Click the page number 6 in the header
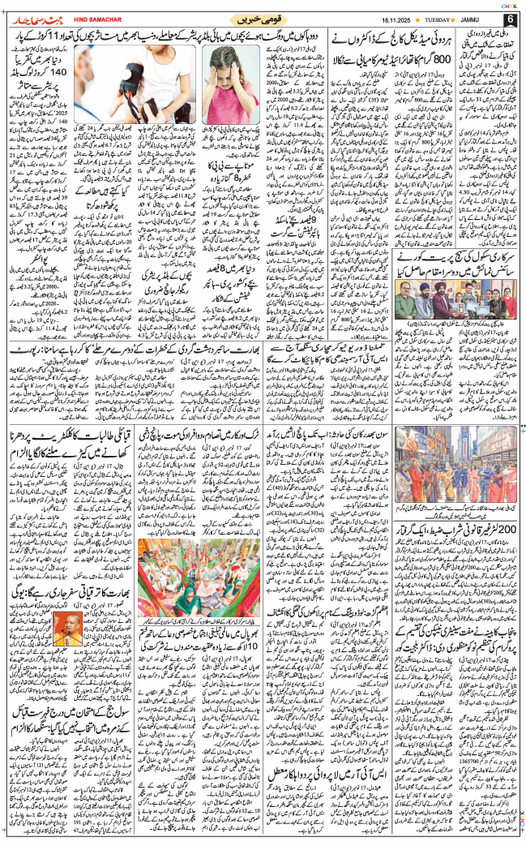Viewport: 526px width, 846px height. click(x=510, y=19)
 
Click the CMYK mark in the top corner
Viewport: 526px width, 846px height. click(x=509, y=4)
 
